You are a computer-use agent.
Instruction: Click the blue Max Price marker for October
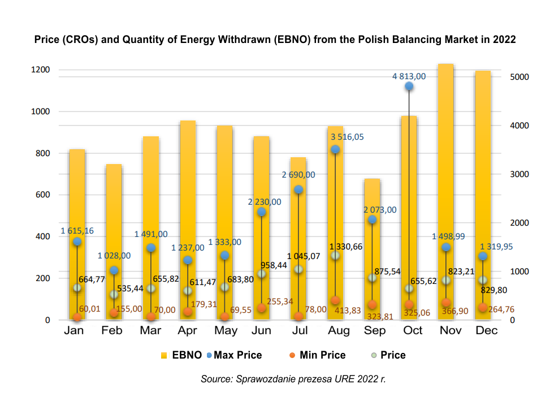pos(409,86)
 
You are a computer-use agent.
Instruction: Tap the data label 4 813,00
pos(409,76)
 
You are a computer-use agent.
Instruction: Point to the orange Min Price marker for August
pos(335,300)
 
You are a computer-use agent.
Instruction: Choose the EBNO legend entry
pos(183,355)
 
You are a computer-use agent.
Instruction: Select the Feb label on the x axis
pos(112,331)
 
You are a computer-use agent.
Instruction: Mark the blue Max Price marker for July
pos(298,189)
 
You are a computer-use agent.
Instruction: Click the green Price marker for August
pos(335,256)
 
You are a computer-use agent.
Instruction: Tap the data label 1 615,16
pos(77,231)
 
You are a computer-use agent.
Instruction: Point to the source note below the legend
pos(293,379)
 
